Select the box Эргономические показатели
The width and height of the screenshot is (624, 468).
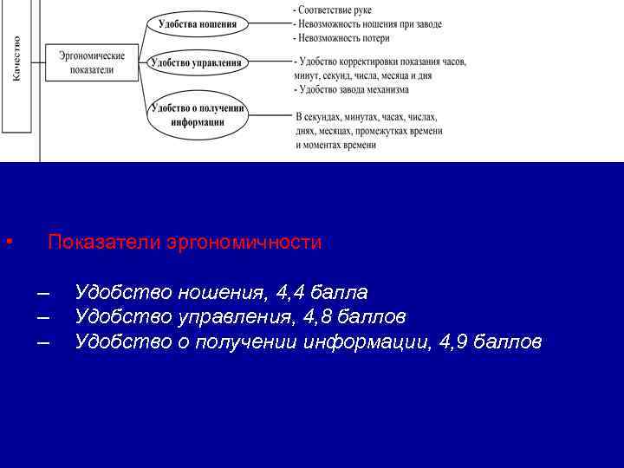coord(92,62)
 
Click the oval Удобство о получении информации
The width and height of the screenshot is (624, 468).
coord(198,114)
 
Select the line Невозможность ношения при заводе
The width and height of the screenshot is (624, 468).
coord(369,24)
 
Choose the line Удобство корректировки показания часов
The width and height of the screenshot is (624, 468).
coord(381,62)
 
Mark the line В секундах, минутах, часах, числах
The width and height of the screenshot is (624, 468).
coord(367,117)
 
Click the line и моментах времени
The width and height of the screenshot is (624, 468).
coord(335,145)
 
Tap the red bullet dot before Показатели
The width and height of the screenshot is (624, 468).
coord(7,242)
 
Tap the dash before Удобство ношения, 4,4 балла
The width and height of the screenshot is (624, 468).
coord(43,291)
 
